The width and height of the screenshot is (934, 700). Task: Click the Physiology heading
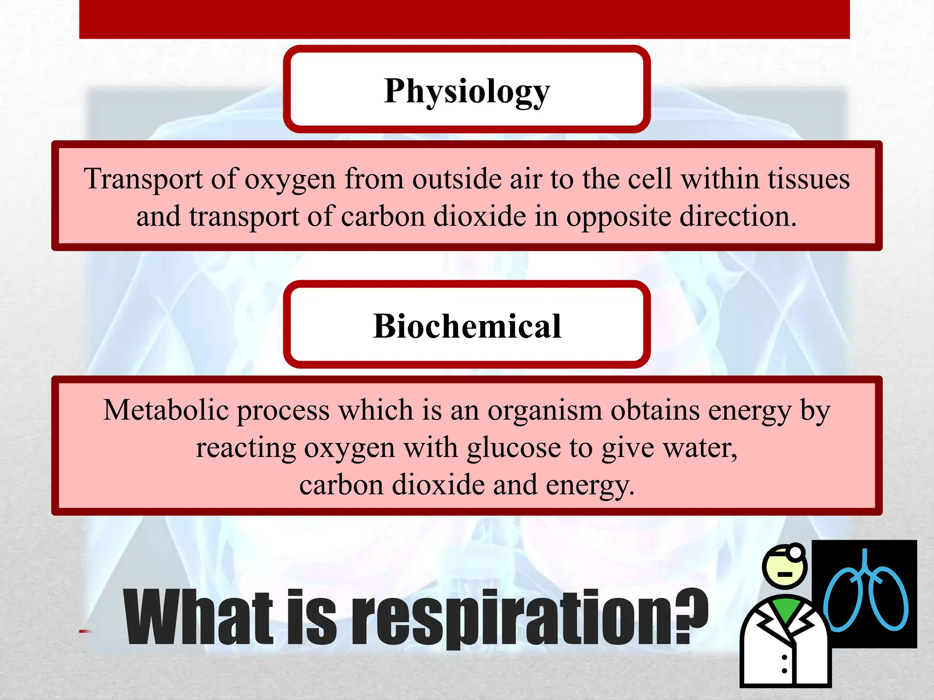[467, 91]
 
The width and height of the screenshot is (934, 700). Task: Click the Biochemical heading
[467, 326]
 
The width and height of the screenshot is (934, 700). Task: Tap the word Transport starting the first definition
[143, 179]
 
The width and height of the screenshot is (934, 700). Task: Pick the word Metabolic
[166, 410]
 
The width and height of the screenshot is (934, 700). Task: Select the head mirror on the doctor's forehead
[795, 552]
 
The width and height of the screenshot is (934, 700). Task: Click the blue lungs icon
[865, 595]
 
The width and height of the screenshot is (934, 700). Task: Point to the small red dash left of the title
[85, 631]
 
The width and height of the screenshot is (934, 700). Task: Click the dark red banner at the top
[464, 19]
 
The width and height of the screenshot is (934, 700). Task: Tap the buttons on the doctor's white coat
[784, 664]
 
